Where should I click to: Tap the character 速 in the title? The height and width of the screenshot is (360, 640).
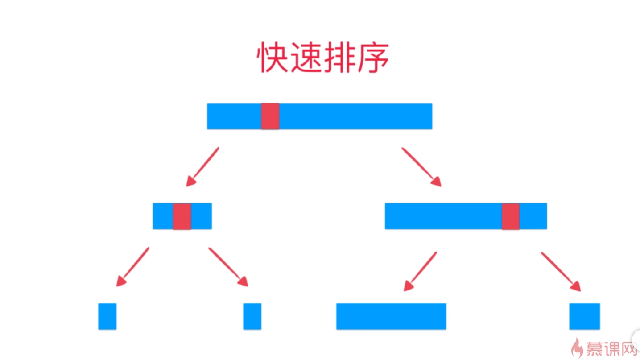(x=306, y=58)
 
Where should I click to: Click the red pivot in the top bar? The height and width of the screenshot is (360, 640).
(x=270, y=116)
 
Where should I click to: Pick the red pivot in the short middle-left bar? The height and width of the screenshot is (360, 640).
(x=182, y=216)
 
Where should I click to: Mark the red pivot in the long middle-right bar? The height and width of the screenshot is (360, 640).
(x=511, y=216)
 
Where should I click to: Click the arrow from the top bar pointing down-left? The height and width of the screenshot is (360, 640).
(x=202, y=166)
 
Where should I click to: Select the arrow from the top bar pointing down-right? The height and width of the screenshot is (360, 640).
(x=421, y=166)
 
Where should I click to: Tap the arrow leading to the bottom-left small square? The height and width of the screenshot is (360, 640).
(x=132, y=266)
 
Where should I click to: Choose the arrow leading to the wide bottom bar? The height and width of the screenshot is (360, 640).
(x=420, y=271)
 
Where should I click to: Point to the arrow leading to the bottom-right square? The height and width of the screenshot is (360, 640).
(x=561, y=271)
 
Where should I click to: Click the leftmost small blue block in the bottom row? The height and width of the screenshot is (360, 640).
(x=107, y=316)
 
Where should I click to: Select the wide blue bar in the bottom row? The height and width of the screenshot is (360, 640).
(x=391, y=316)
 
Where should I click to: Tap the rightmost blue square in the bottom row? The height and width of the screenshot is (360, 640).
(x=584, y=316)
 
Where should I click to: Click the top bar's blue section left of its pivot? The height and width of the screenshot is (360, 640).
(x=234, y=116)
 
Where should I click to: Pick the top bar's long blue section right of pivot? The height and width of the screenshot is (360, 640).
(x=355, y=116)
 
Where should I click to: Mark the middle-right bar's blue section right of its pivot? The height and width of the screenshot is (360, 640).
(x=533, y=216)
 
